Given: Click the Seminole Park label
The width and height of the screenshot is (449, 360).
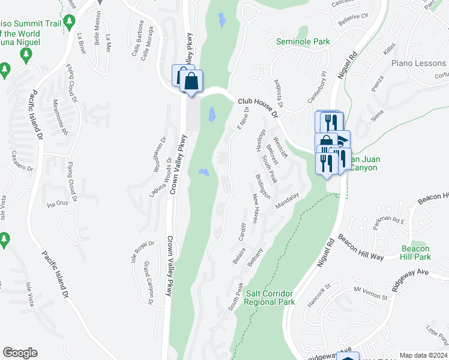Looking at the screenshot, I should (x=303, y=42).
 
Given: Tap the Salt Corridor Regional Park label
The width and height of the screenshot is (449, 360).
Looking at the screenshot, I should (x=270, y=298).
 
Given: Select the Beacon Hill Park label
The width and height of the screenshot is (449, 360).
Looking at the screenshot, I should (x=415, y=253).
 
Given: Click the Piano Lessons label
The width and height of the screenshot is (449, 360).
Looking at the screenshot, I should (x=414, y=63).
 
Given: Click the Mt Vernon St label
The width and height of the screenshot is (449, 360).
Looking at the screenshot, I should (x=368, y=290).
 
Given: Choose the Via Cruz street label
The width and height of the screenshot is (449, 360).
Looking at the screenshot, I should (x=59, y=204).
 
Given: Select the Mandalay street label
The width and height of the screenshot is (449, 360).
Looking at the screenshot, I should (x=287, y=201).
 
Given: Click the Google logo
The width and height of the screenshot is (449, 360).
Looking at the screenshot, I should (x=20, y=353).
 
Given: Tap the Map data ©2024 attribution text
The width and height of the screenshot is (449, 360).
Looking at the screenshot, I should (x=423, y=355).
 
